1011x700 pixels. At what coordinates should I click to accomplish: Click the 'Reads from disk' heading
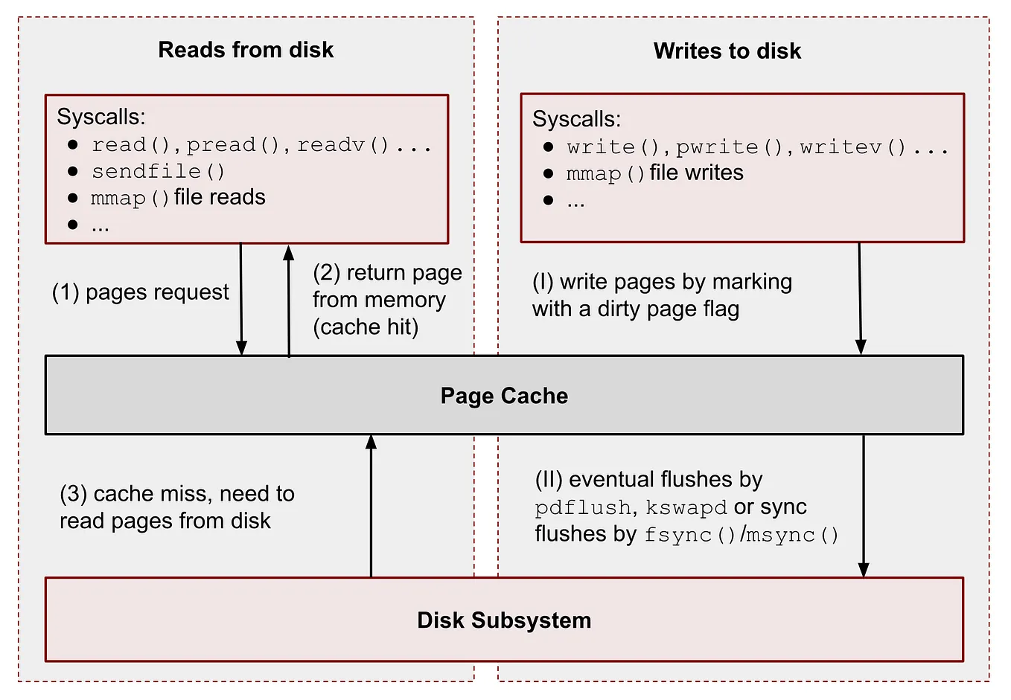(246, 50)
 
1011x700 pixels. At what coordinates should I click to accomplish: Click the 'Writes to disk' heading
(727, 51)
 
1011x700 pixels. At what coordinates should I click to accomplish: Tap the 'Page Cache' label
(504, 396)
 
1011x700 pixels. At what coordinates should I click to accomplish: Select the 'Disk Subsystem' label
(504, 620)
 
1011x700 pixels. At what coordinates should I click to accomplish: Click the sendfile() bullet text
(158, 171)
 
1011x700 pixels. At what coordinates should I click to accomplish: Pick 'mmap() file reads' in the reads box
(178, 198)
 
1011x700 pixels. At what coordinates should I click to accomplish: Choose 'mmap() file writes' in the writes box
(654, 173)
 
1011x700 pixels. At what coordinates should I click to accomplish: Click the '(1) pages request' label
(140, 292)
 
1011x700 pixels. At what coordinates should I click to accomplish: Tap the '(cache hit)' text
(366, 327)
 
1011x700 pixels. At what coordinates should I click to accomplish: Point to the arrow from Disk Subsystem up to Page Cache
(371, 506)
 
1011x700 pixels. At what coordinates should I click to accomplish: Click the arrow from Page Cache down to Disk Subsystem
(864, 506)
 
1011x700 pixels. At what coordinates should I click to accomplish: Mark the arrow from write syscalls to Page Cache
(860, 298)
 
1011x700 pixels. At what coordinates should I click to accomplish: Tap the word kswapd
(686, 507)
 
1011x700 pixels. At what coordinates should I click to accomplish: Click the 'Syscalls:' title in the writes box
(576, 119)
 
